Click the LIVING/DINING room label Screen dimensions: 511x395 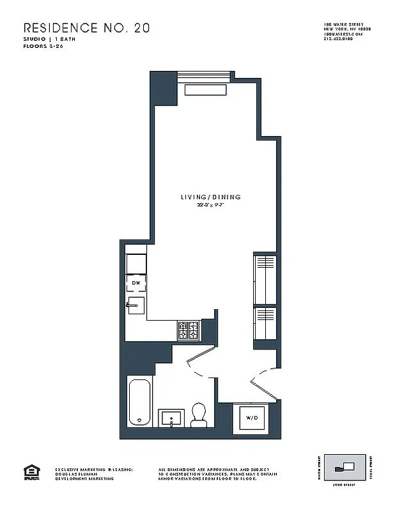210,197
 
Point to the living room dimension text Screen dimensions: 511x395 210,205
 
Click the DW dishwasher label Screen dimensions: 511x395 136,282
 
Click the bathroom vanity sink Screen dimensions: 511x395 170,419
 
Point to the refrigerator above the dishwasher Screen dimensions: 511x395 136,263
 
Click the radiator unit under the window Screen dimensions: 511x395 205,90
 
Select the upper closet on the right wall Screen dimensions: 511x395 265,278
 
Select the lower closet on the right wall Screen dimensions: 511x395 265,324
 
